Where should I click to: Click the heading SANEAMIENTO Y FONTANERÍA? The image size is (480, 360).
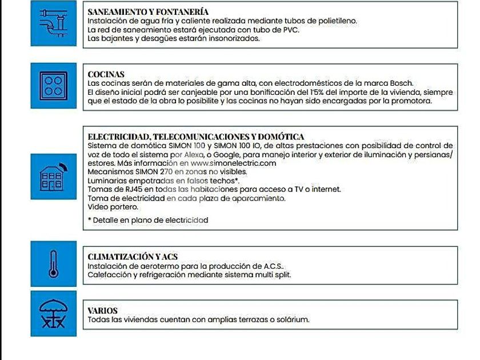pyautogui.click(x=148, y=11)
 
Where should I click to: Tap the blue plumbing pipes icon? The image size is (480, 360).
pyautogui.click(x=54, y=25)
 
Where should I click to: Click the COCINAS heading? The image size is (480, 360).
pyautogui.click(x=106, y=74)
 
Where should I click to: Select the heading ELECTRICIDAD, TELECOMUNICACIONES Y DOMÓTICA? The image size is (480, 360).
pyautogui.click(x=195, y=137)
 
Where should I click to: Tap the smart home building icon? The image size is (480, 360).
pyautogui.click(x=54, y=177)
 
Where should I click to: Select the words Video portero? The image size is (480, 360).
pyautogui.click(x=110, y=206)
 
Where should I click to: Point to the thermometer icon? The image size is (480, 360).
pyautogui.click(x=54, y=263)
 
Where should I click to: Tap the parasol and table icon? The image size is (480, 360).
pyautogui.click(x=54, y=313)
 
